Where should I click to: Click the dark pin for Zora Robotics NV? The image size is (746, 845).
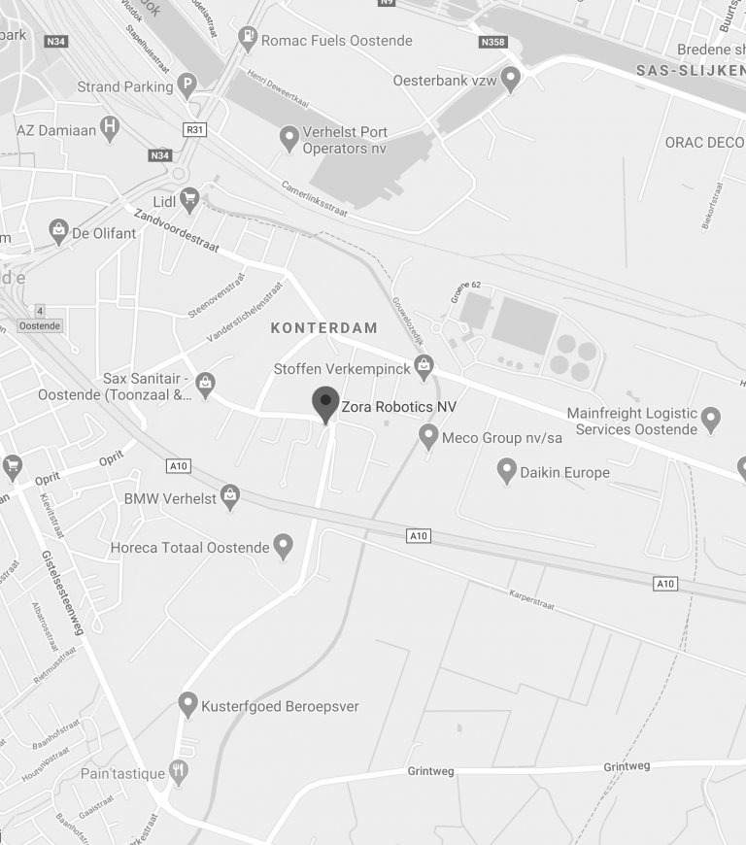pos(325,403)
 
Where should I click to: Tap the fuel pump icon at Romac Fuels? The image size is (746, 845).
pos(250,39)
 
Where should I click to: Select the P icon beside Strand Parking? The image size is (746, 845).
pos(187,86)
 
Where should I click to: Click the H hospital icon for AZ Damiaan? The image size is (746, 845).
pos(111,128)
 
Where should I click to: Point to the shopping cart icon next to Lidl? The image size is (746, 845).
pos(189,200)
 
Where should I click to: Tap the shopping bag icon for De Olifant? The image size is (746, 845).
pos(58,231)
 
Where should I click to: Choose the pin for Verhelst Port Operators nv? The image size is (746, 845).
pos(288,138)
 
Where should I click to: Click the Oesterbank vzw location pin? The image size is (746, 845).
pos(511,79)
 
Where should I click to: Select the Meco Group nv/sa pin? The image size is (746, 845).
pos(428,436)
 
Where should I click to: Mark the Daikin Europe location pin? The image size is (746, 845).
pos(506,471)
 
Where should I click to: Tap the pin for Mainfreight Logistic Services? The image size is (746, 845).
pos(712,420)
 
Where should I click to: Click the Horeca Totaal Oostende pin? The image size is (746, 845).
pos(283,546)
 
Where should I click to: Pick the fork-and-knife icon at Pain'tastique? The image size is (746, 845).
pos(178,771)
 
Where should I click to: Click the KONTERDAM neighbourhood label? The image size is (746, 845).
pos(323,328)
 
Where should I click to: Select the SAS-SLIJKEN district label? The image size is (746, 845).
pos(690,71)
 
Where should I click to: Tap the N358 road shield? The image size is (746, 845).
pos(493,43)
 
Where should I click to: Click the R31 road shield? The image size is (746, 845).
pos(194,128)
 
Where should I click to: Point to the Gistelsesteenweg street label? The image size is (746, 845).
pos(63,591)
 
